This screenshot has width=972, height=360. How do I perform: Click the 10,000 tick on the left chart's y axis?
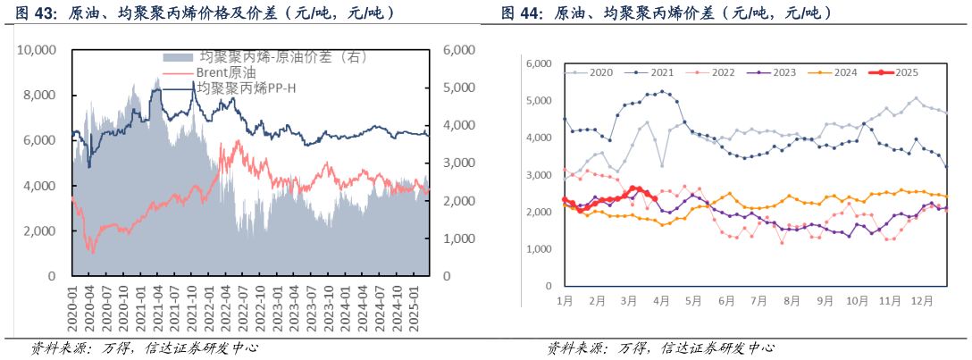click(37, 51)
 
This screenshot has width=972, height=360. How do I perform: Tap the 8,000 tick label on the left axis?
click(39, 96)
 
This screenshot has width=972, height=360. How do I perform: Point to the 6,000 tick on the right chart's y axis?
click(540, 63)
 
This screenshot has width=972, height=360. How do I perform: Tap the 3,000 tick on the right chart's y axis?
click(540, 175)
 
